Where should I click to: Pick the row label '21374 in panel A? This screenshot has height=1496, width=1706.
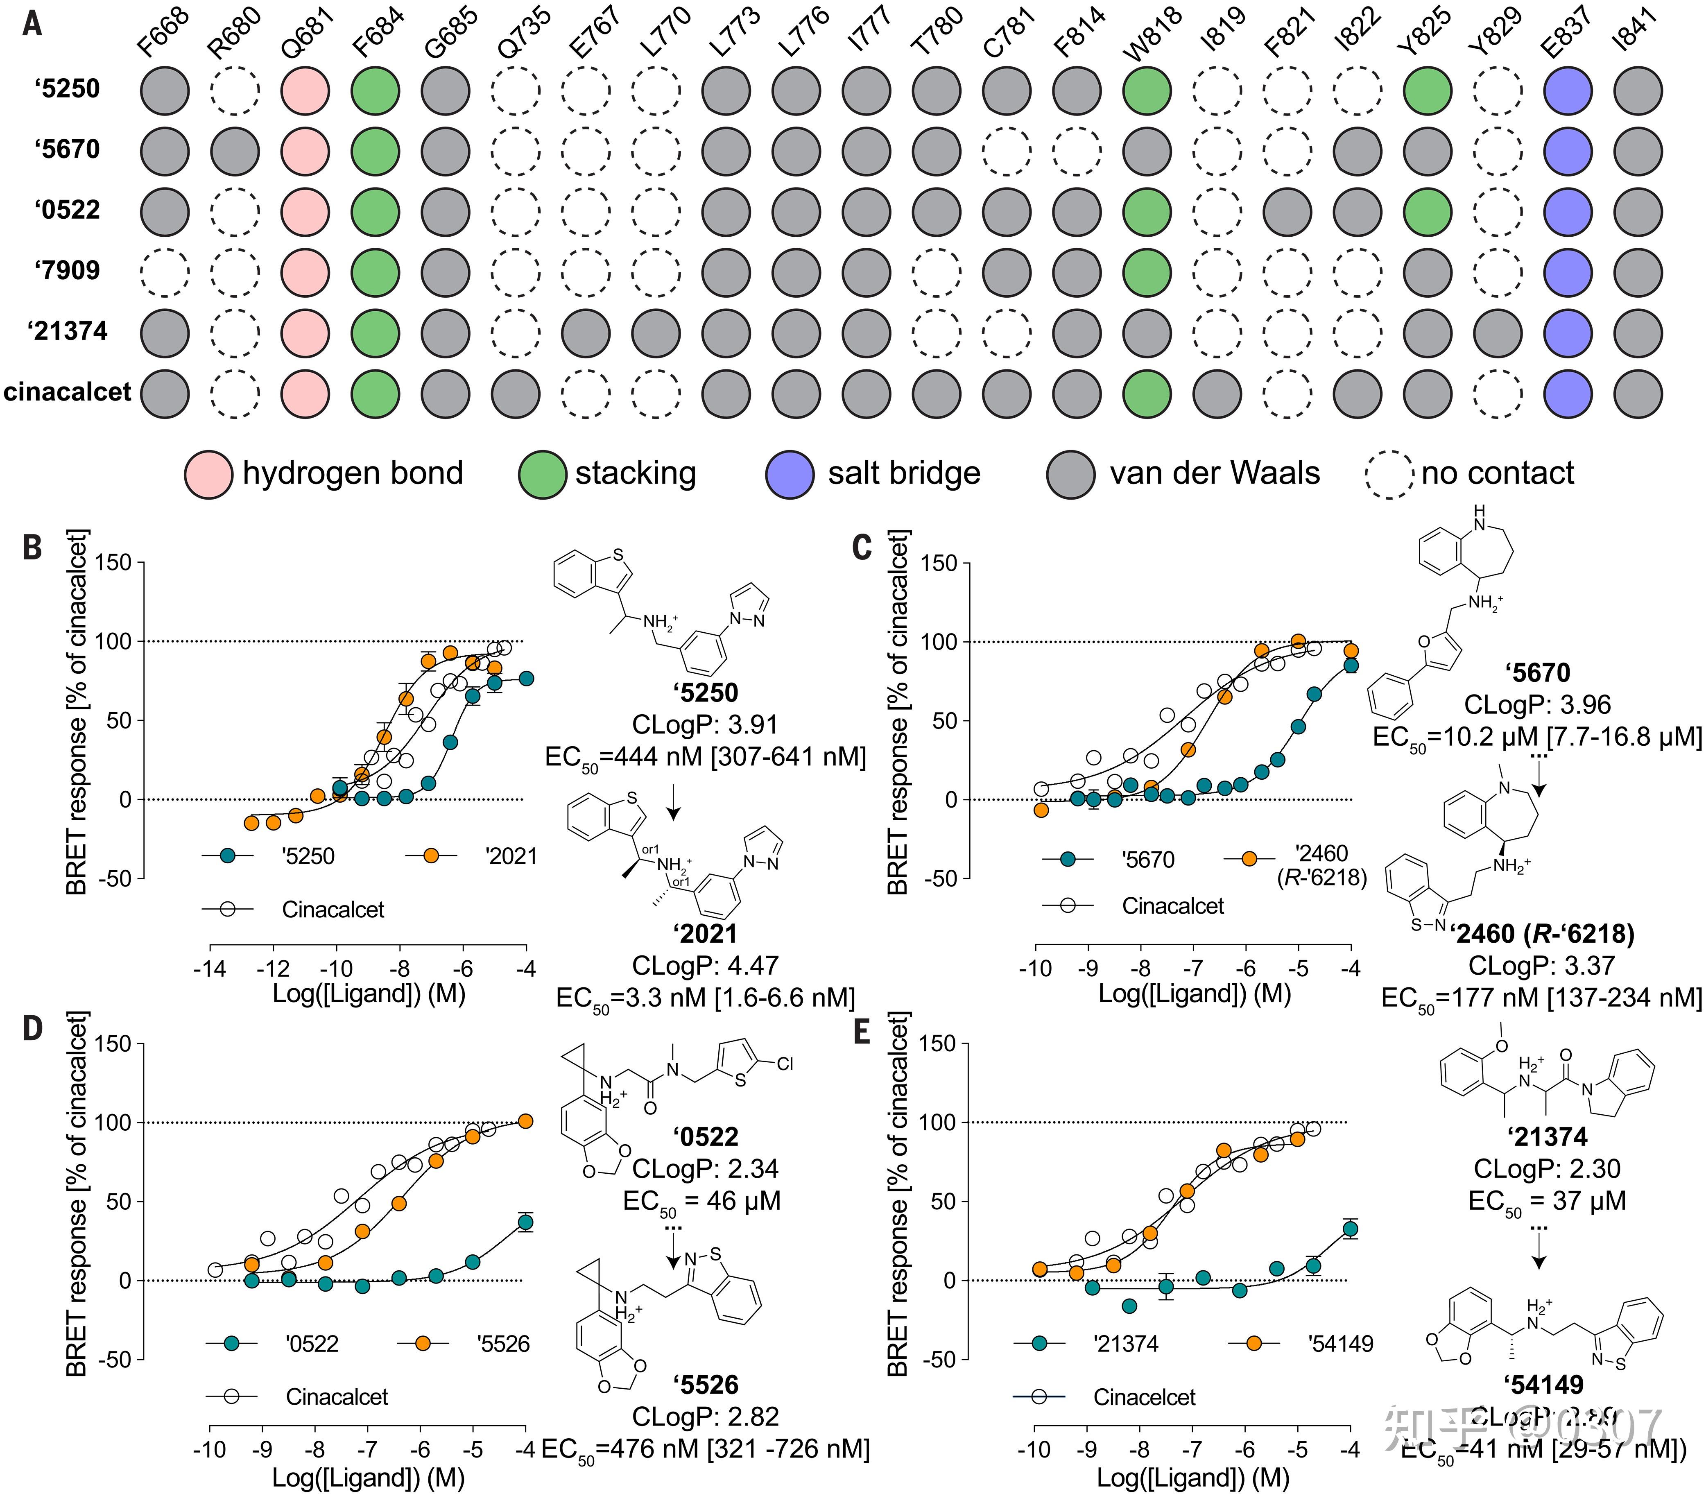point(68,331)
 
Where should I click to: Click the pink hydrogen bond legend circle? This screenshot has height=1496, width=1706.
point(208,474)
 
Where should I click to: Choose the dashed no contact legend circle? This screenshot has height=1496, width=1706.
point(1389,474)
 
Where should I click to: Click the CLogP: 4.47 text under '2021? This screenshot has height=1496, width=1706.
point(704,966)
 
